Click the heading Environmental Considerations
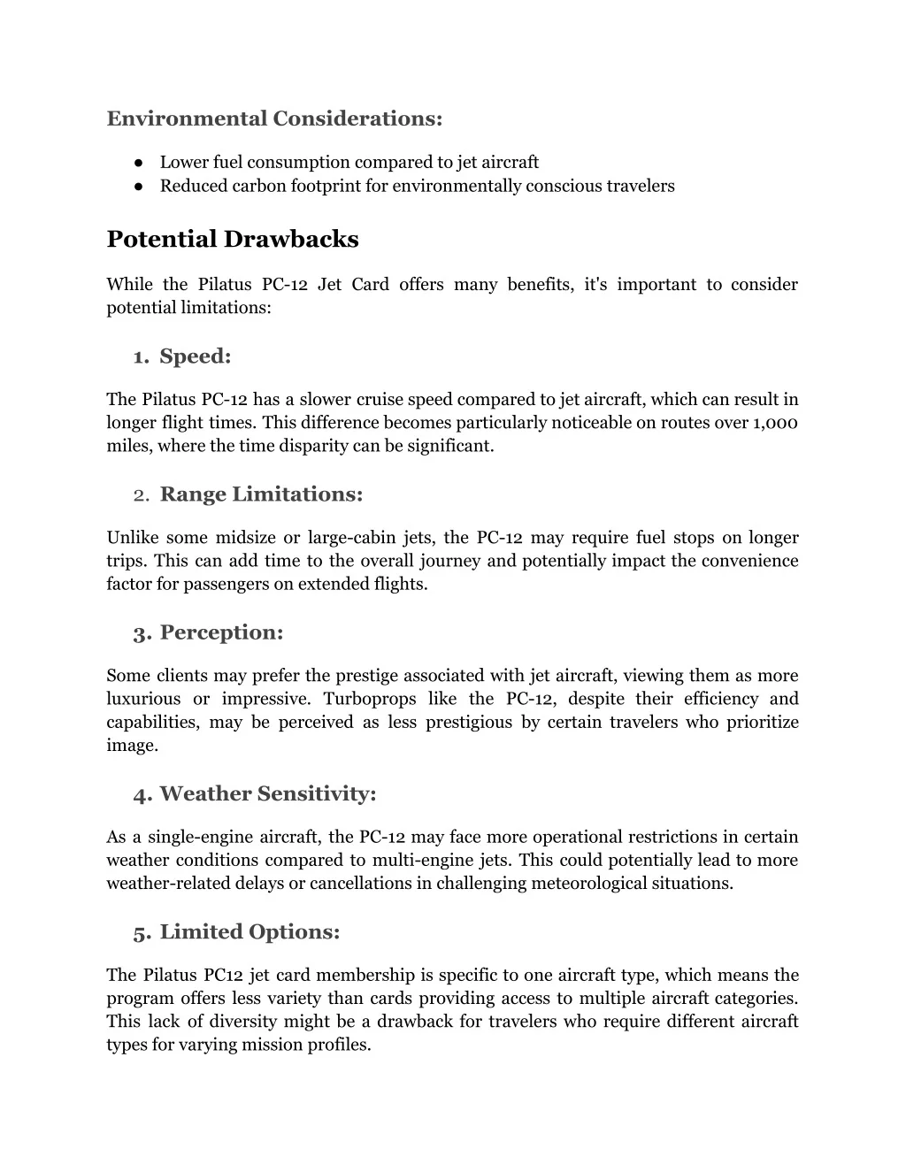274,119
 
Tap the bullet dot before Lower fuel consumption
140,163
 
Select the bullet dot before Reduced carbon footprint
140,187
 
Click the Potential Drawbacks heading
233,240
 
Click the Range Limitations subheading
261,494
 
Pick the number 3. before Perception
142,633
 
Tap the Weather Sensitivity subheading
268,794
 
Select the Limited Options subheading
250,932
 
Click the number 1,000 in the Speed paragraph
776,423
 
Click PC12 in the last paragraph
223,976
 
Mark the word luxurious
143,699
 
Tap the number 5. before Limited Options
142,932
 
